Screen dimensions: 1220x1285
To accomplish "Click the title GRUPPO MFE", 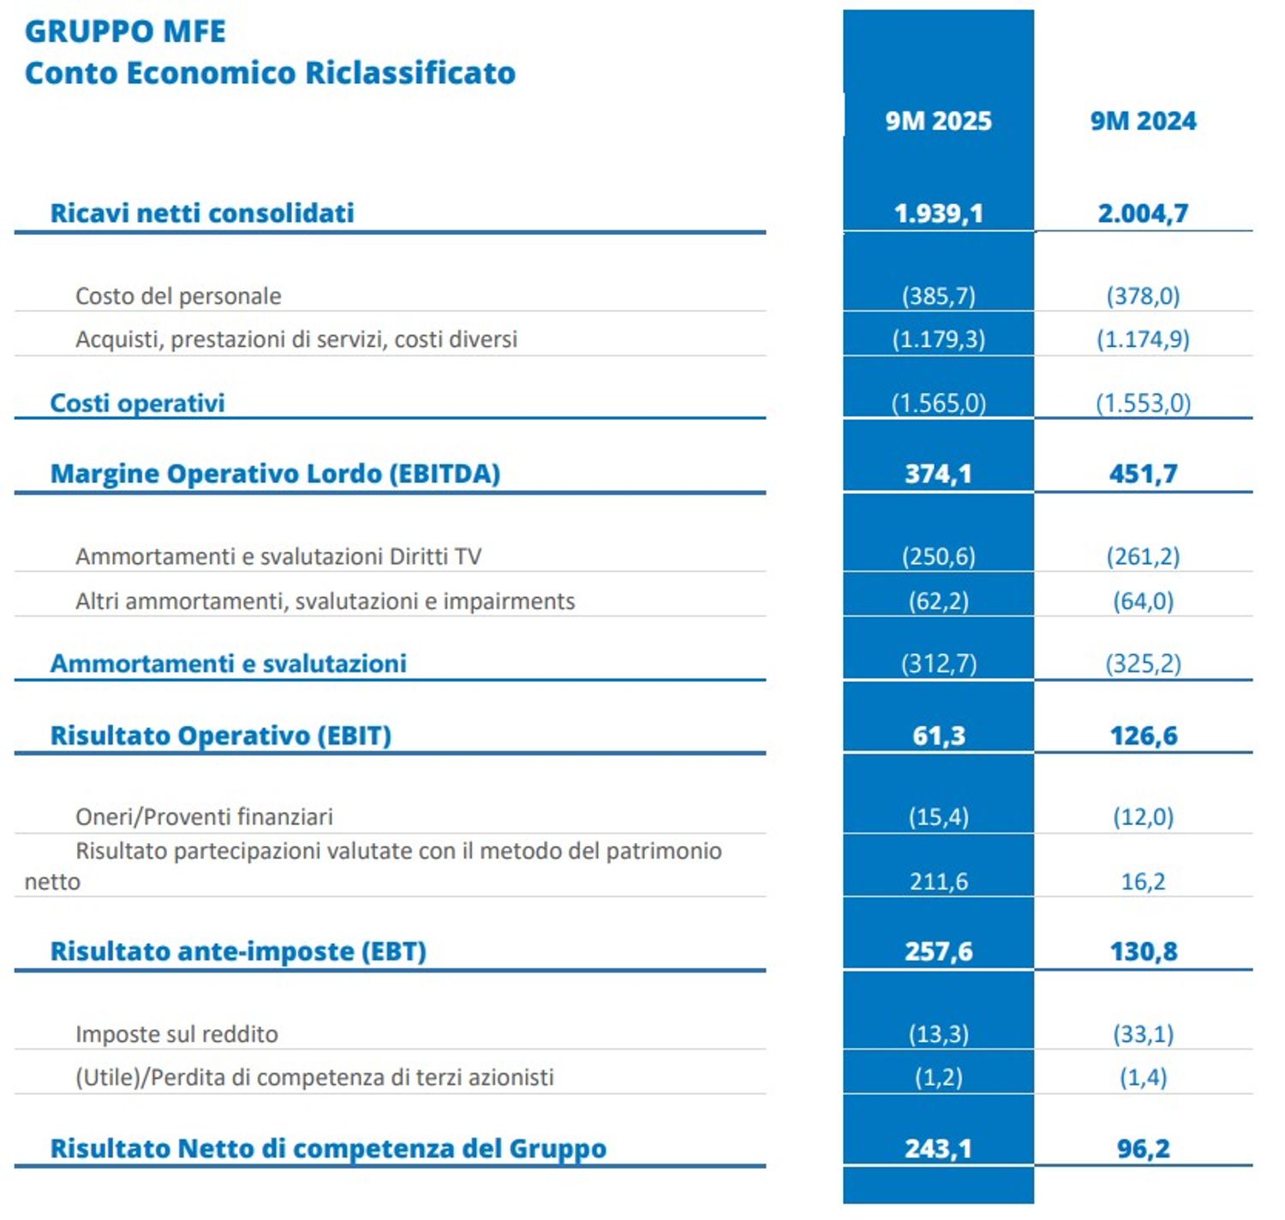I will point(125,32).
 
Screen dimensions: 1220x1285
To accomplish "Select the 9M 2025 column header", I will point(938,121).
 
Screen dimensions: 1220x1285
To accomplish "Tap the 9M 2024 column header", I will point(1143,121).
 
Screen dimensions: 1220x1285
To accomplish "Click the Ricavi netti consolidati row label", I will point(202,213).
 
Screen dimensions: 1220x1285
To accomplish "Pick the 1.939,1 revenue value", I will point(938,213).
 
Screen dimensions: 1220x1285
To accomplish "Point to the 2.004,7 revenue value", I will point(1143,213).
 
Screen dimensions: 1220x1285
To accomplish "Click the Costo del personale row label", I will point(178,296).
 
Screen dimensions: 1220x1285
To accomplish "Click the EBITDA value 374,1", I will point(938,474).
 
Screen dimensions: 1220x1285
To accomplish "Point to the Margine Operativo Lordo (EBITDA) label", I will point(275,474).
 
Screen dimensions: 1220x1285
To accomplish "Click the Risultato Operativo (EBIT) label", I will point(221,736).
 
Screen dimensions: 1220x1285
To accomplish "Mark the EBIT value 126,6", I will point(1143,736).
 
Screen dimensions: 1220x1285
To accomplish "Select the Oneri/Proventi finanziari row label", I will point(204,817).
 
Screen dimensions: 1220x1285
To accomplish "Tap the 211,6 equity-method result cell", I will point(938,882).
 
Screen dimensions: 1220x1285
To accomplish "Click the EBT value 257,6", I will point(938,952).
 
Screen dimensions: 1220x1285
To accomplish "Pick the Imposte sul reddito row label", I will point(176,1035).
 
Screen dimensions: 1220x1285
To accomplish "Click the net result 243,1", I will point(938,1149).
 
